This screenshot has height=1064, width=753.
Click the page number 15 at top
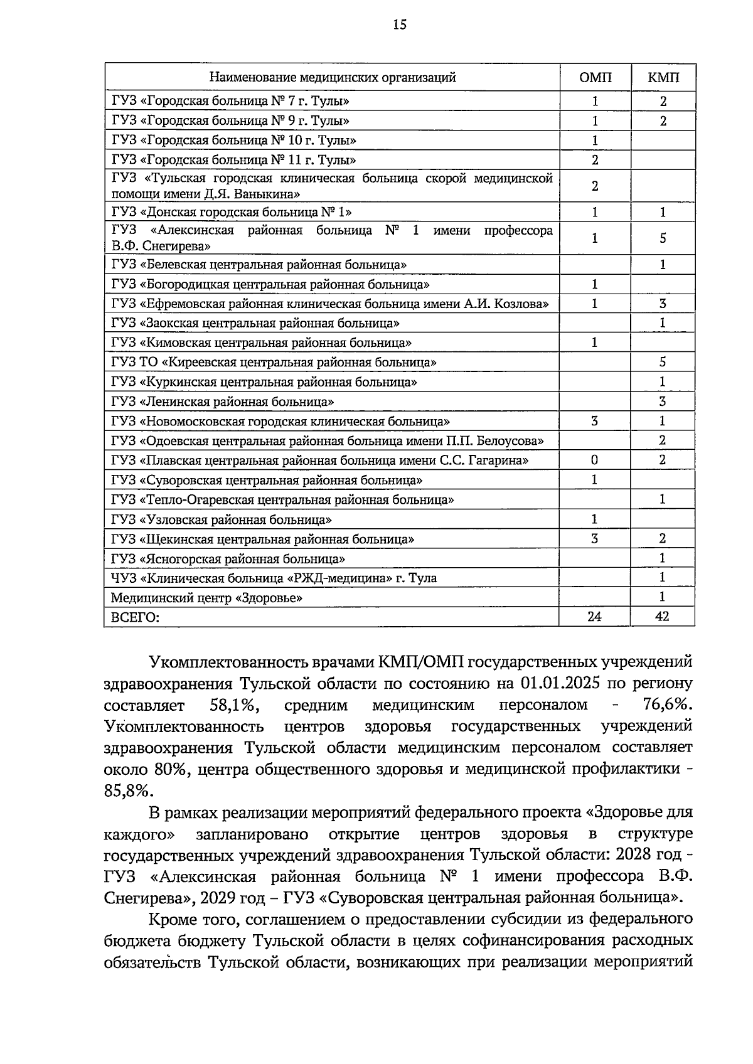400,24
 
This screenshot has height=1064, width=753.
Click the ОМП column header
595,78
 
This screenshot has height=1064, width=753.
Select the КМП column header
663,78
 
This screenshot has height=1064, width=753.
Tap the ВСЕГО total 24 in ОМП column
594,617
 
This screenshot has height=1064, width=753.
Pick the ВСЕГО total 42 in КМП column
662,617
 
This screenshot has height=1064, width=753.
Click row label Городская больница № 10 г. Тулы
234,141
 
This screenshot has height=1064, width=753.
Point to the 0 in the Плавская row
594,460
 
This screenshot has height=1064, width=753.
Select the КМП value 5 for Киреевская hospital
663,362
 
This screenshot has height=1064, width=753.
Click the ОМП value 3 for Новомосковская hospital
594,421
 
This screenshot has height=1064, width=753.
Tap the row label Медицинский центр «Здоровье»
207,598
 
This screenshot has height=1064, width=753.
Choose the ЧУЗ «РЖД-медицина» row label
274,578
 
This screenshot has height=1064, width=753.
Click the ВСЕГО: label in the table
136,617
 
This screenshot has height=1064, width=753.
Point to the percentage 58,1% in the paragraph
233,705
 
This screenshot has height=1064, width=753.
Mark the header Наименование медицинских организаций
332,78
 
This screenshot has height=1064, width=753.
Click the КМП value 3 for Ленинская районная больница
663,402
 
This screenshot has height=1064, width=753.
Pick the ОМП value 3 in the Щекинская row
594,539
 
